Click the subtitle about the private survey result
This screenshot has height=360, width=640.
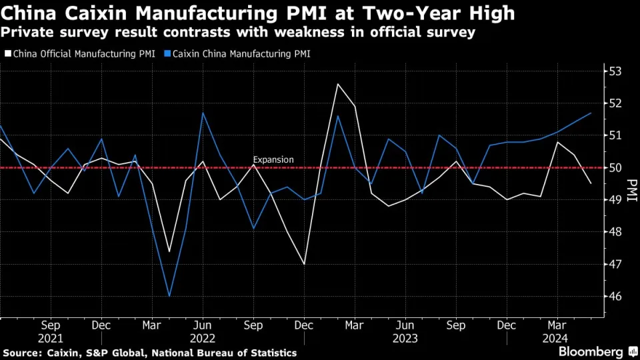(239, 32)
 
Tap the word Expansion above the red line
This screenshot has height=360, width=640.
(273, 160)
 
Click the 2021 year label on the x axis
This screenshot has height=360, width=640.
(51, 339)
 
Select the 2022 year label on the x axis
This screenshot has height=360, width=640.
(202, 339)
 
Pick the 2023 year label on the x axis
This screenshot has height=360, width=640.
(405, 339)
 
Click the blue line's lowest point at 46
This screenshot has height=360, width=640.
(169, 296)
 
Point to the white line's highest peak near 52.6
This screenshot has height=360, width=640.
(338, 84)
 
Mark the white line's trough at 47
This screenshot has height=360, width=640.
(305, 264)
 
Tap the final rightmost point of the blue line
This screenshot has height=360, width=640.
(591, 113)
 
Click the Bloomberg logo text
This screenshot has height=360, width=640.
(587, 351)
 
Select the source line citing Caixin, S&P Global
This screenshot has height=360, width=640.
(150, 352)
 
